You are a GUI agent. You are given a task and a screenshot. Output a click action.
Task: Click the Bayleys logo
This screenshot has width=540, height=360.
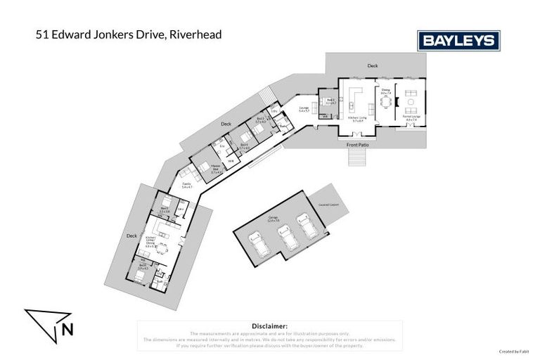pyautogui.click(x=458, y=41)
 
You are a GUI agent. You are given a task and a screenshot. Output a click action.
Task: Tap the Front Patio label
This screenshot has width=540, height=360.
pyautogui.click(x=359, y=145)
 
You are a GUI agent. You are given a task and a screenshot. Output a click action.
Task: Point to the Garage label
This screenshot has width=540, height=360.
pyautogui.click(x=272, y=218)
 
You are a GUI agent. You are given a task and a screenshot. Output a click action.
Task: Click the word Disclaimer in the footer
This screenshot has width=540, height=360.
pyautogui.click(x=270, y=327)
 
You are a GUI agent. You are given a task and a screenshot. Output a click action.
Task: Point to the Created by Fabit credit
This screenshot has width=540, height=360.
pyautogui.click(x=514, y=352)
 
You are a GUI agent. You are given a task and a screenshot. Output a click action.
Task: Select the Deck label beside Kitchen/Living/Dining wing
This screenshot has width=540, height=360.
pyautogui.click(x=130, y=236)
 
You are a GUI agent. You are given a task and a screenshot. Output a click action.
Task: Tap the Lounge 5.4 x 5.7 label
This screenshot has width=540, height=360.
pyautogui.click(x=304, y=110)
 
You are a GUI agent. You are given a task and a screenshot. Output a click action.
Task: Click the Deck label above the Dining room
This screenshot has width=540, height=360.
pyautogui.click(x=373, y=66)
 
